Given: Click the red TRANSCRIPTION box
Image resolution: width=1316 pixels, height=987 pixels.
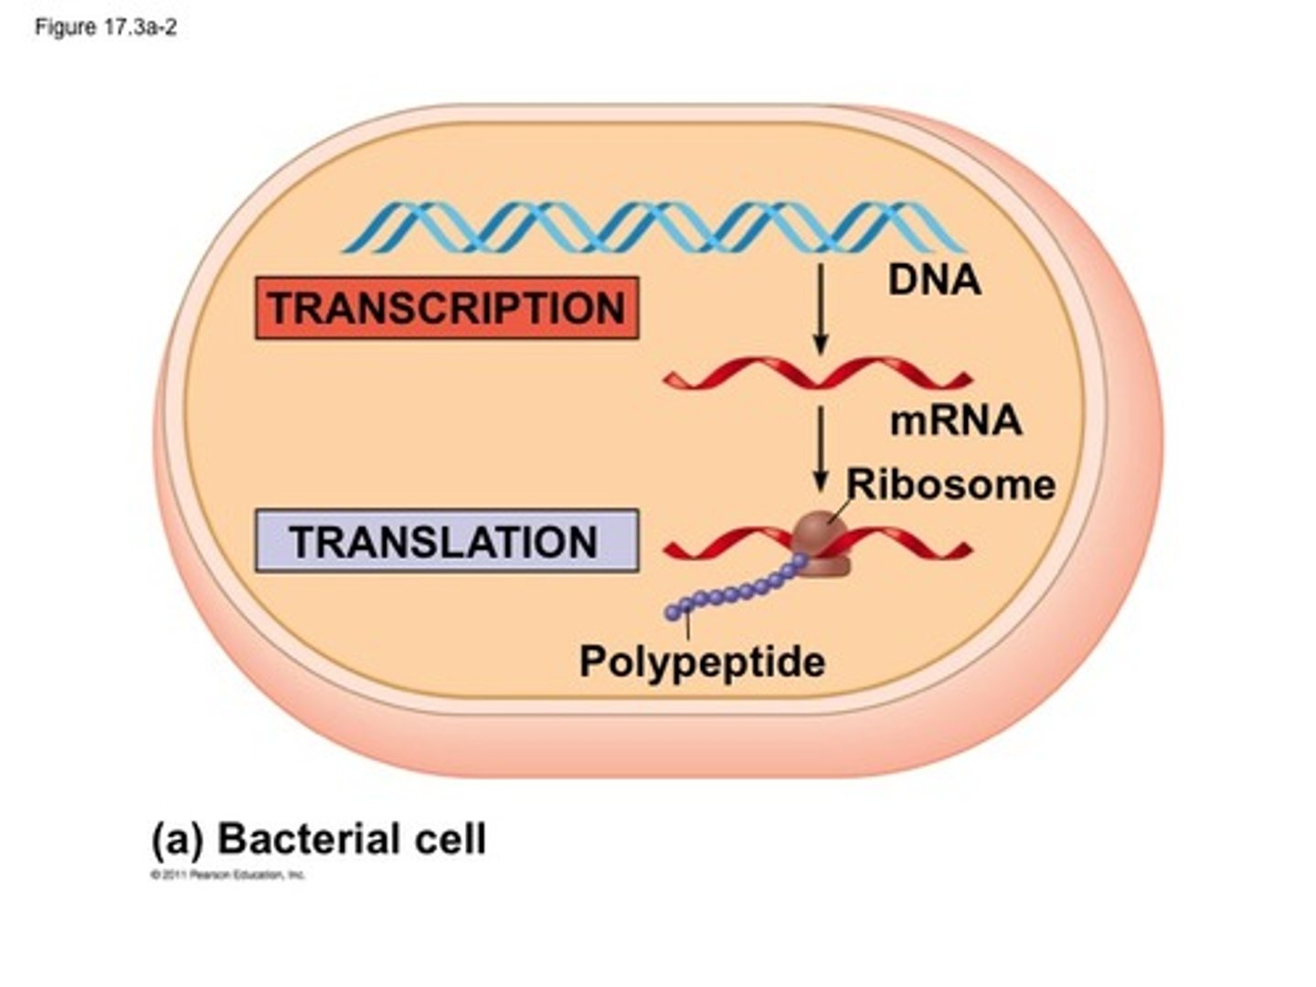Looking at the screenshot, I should (x=447, y=308).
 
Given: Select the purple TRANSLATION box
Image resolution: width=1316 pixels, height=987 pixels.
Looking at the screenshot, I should (x=447, y=541).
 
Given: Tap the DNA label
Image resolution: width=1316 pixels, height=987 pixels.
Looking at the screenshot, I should (x=934, y=280).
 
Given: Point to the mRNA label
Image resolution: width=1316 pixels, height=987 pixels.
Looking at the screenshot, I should (x=955, y=420).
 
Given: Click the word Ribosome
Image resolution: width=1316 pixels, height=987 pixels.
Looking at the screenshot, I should (x=950, y=484).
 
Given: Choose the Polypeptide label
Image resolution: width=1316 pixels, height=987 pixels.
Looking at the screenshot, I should (x=702, y=661).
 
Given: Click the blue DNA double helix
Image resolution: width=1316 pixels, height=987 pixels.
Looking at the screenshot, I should (x=653, y=227).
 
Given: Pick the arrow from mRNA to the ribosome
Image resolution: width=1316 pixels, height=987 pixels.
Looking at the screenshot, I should (x=821, y=449).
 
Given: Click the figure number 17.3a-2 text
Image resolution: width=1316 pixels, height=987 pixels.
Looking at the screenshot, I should (x=105, y=27).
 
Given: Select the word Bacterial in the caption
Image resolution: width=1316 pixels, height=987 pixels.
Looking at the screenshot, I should (x=308, y=839).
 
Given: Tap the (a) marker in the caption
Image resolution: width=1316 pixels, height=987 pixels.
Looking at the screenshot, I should (x=177, y=840).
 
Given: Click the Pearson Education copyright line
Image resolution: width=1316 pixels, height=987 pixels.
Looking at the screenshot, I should (x=228, y=876).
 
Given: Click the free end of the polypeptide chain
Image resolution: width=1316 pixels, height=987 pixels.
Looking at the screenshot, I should (x=674, y=612).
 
